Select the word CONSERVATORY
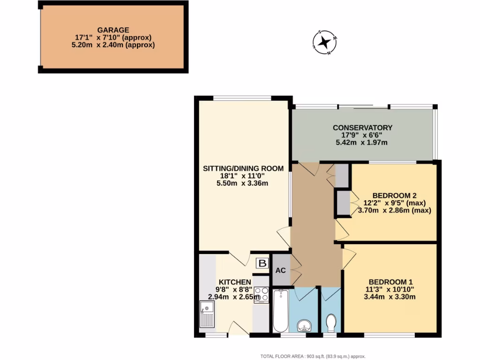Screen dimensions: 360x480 362,127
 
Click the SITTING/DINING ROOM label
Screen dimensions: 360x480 243,168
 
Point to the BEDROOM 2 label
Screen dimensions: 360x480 394,195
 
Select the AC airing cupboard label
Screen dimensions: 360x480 281,271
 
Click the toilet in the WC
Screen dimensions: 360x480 331,322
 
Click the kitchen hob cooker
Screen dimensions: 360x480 261,295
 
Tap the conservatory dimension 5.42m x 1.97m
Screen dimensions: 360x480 361,142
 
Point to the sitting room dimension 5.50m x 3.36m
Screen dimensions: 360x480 242,183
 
